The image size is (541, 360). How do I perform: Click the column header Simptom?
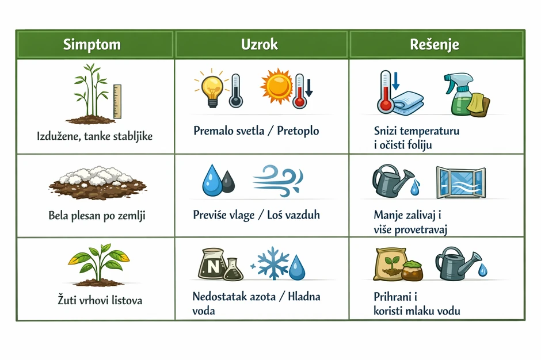92,44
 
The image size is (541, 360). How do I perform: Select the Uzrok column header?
260,44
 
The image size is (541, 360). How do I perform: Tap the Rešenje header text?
435,44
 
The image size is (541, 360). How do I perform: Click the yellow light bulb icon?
211,89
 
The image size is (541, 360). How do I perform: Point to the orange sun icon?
276,86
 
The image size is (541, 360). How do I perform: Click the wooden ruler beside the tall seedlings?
117,101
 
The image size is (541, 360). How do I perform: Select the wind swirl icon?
278,181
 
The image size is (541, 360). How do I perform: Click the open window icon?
460,182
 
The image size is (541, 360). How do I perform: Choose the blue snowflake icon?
273,263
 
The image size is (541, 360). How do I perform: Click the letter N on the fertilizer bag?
213,266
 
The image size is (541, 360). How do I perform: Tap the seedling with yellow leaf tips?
98,265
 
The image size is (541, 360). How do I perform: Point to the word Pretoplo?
298,131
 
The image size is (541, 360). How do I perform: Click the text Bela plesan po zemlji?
97,216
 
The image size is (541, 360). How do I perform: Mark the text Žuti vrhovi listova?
100,300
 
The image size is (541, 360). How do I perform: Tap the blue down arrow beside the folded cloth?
395,81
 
